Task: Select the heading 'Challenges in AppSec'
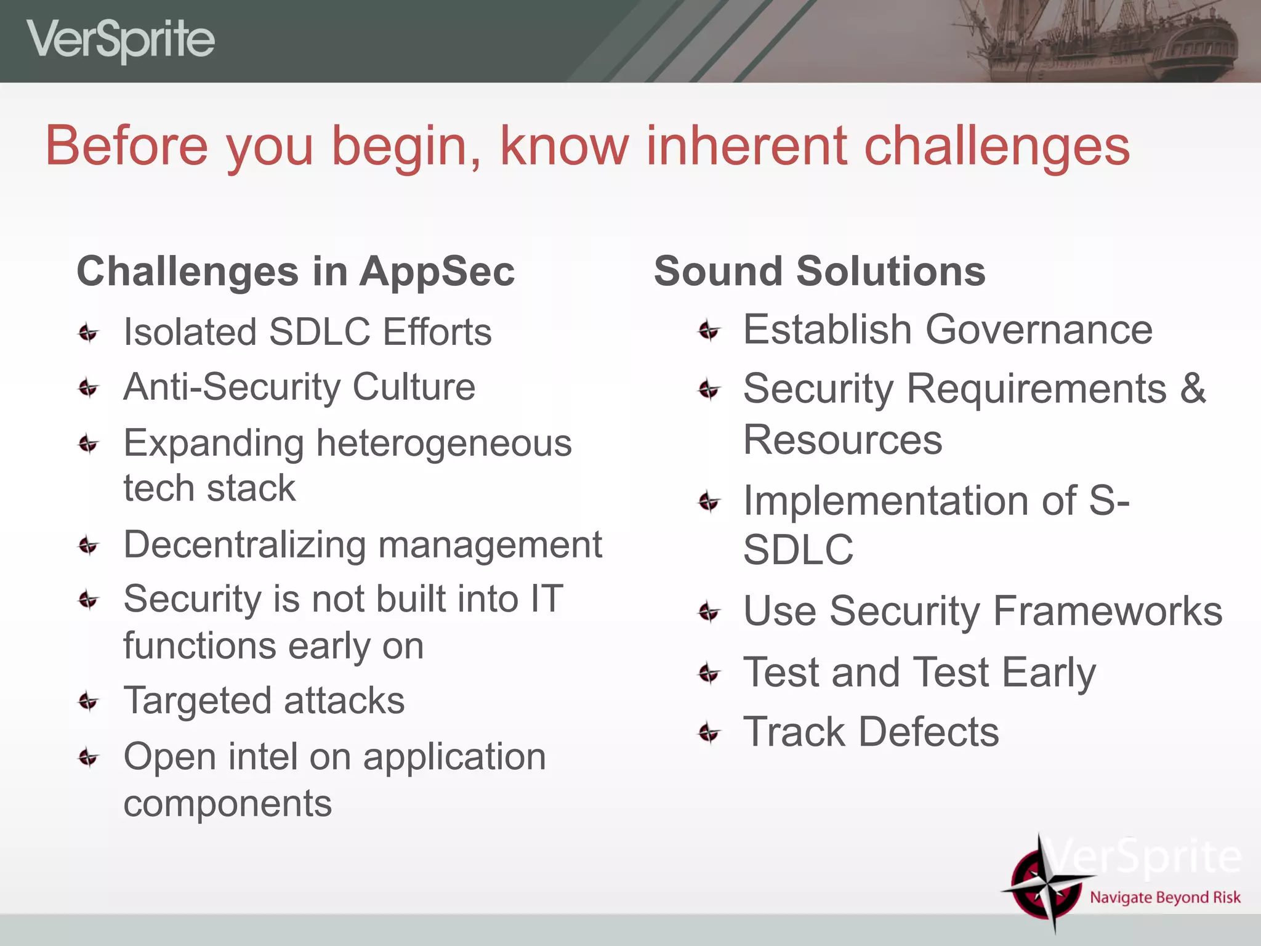pos(296,272)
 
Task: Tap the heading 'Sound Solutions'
pos(819,272)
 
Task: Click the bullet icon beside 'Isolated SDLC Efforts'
pos(89,333)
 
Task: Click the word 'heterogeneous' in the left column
pos(443,443)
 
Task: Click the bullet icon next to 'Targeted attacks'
pos(89,701)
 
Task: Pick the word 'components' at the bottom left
pos(227,804)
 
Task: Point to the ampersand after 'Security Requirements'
pos(1193,389)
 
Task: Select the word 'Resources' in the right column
pos(842,440)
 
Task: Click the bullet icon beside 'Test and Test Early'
pos(709,673)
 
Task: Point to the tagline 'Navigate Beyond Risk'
pos(1165,897)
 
